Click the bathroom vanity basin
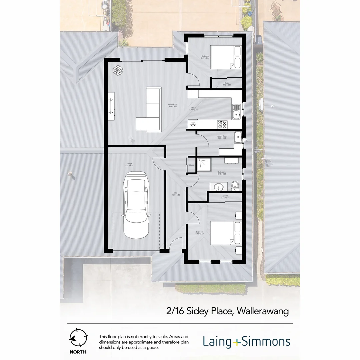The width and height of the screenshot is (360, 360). (x=219, y=187)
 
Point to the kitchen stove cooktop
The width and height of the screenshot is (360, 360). (x=222, y=124)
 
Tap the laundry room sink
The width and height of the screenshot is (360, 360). (x=238, y=137)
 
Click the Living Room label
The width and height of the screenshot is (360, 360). (x=172, y=105)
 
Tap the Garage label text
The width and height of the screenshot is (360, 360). (x=129, y=164)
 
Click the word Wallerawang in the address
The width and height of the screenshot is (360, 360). (x=263, y=311)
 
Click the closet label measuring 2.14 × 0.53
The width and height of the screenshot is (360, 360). (x=225, y=197)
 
